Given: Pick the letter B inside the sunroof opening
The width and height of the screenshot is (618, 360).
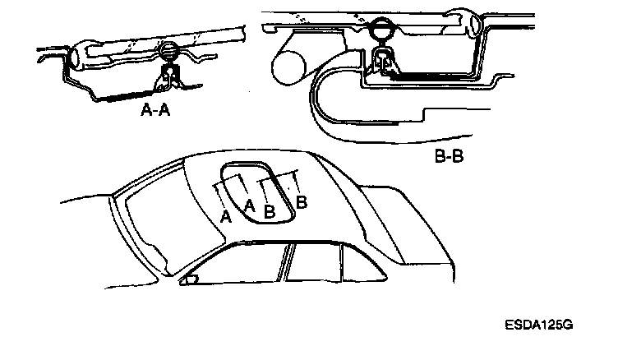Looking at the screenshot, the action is [270, 210].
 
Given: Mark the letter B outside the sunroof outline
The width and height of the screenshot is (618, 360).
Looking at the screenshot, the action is [302, 201].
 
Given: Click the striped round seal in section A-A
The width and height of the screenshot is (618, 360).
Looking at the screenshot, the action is [168, 53].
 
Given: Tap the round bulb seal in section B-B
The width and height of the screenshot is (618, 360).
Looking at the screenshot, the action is [382, 30].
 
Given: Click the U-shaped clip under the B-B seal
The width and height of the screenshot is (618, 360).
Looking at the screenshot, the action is [383, 61].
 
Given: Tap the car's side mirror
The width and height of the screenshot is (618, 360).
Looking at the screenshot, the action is [190, 279].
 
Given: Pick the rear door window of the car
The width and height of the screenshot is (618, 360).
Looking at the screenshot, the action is [316, 264].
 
